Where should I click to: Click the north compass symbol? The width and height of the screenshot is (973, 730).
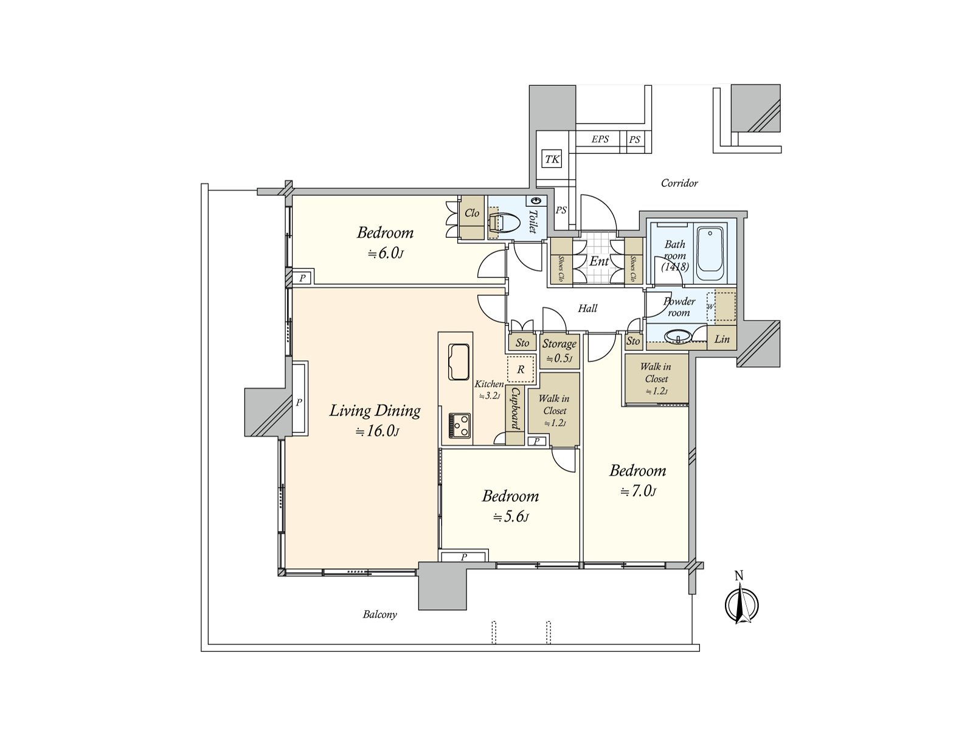741,603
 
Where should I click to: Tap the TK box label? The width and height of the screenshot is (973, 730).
552,159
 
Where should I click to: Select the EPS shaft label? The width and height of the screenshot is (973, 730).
600,139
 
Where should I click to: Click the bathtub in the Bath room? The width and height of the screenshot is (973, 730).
710,249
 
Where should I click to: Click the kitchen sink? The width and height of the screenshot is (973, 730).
459,362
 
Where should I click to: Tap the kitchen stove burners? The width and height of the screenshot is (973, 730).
459,425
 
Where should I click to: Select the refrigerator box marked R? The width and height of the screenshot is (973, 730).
521,369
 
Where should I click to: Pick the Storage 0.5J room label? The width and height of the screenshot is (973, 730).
559,351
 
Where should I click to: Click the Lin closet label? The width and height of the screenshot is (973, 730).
722,339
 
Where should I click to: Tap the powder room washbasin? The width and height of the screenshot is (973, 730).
677,337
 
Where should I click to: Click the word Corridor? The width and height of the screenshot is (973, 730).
679,183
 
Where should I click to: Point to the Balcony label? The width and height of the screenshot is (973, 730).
380,614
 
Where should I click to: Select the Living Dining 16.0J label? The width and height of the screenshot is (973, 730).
375,420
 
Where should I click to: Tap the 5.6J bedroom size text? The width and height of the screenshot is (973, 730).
511,516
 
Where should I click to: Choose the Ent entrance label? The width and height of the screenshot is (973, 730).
599,261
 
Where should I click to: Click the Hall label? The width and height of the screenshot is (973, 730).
588,308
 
